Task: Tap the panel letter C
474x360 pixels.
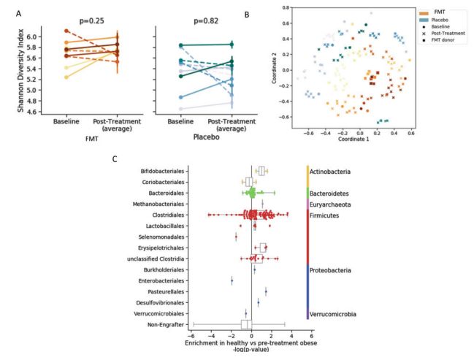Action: coord(115,158)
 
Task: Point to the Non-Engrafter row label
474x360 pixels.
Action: coord(167,324)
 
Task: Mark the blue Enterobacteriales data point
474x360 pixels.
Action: coord(232,280)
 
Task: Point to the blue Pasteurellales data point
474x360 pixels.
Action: coord(265,291)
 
